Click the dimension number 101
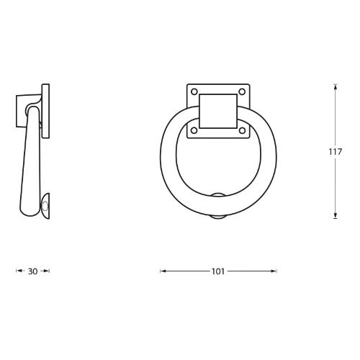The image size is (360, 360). tap(217, 271)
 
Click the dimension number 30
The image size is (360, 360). tap(32, 271)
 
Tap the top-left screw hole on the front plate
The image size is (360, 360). tap(193, 91)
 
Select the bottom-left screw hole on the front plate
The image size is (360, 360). tap(193, 132)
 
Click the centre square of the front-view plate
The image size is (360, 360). tap(217, 112)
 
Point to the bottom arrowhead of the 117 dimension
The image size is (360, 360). tap(336, 216)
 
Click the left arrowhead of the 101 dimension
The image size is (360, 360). tap(162, 271)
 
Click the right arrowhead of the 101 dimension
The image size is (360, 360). tap(274, 271)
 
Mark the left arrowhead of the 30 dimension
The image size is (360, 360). tap(18, 271)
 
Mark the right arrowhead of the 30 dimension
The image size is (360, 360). tap(47, 271)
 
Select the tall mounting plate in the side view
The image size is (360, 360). tap(48, 112)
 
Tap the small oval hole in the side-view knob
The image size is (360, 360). tap(45, 207)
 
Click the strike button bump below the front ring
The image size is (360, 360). tap(217, 218)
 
